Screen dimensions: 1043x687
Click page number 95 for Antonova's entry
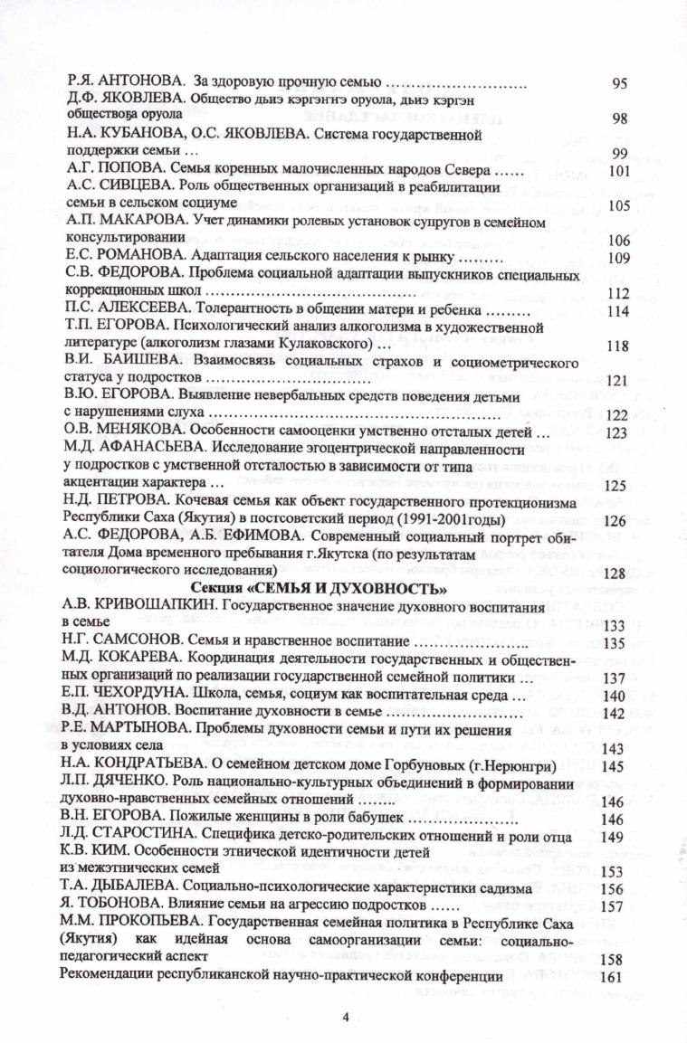(620, 84)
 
